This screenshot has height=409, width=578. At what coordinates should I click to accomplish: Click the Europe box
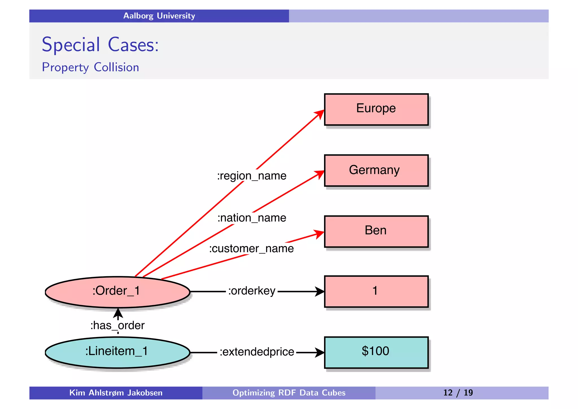(x=376, y=109)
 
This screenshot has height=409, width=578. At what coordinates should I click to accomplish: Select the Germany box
(x=376, y=170)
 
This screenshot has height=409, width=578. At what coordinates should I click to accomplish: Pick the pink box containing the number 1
(x=376, y=291)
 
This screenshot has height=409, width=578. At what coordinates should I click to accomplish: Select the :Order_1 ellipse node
(x=117, y=292)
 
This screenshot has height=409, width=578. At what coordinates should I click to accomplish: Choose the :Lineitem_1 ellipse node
(x=117, y=352)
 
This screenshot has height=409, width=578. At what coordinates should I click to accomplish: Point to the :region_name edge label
(x=251, y=176)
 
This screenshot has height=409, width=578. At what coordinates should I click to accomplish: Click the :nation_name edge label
(x=251, y=218)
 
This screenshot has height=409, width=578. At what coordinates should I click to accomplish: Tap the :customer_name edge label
(x=251, y=249)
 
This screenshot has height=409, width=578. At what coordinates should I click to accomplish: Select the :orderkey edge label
(x=251, y=291)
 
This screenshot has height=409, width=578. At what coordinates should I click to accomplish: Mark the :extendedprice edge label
(x=257, y=352)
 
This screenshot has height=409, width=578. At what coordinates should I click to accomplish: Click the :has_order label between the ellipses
(x=117, y=325)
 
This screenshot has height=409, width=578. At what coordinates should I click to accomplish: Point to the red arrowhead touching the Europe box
(x=320, y=114)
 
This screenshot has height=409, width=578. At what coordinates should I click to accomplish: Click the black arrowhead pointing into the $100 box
(x=319, y=352)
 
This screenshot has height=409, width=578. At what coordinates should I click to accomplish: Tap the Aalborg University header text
(x=159, y=16)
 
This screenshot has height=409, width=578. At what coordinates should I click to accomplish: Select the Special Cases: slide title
(x=100, y=45)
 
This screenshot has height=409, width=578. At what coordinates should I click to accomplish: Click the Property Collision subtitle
(x=90, y=68)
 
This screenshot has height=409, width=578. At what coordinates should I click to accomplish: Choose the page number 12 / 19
(x=458, y=393)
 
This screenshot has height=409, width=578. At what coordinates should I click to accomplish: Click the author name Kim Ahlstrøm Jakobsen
(x=116, y=393)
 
